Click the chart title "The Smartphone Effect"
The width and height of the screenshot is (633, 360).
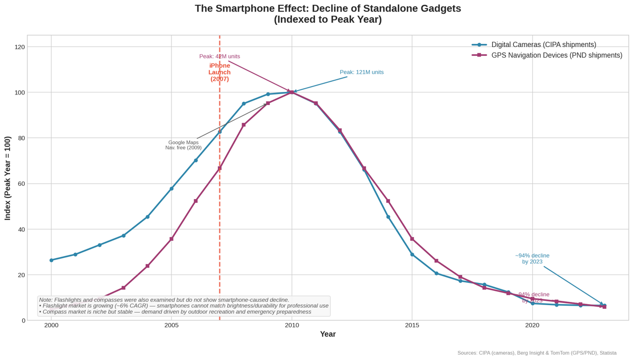327,9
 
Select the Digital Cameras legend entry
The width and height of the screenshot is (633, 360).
543,45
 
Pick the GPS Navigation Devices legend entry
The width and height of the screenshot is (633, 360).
557,55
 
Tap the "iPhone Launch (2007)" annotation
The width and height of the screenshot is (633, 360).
219,72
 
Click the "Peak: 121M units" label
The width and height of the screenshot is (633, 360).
361,72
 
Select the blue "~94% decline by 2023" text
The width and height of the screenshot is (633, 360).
532,259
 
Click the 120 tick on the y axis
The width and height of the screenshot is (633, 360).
20,47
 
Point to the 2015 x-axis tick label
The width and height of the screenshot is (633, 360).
412,325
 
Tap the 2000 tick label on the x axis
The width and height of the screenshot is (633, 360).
51,325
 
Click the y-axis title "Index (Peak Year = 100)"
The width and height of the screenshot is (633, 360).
7,178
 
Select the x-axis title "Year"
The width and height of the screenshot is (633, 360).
328,334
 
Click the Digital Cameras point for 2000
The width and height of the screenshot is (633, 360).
51,260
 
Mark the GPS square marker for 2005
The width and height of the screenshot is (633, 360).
171,239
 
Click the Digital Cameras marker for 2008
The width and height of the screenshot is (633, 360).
244,103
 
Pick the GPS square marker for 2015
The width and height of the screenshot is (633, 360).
412,239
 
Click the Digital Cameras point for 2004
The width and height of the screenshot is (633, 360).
148,217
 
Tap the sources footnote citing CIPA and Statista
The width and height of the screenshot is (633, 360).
536,353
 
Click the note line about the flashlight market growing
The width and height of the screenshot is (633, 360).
184,306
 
